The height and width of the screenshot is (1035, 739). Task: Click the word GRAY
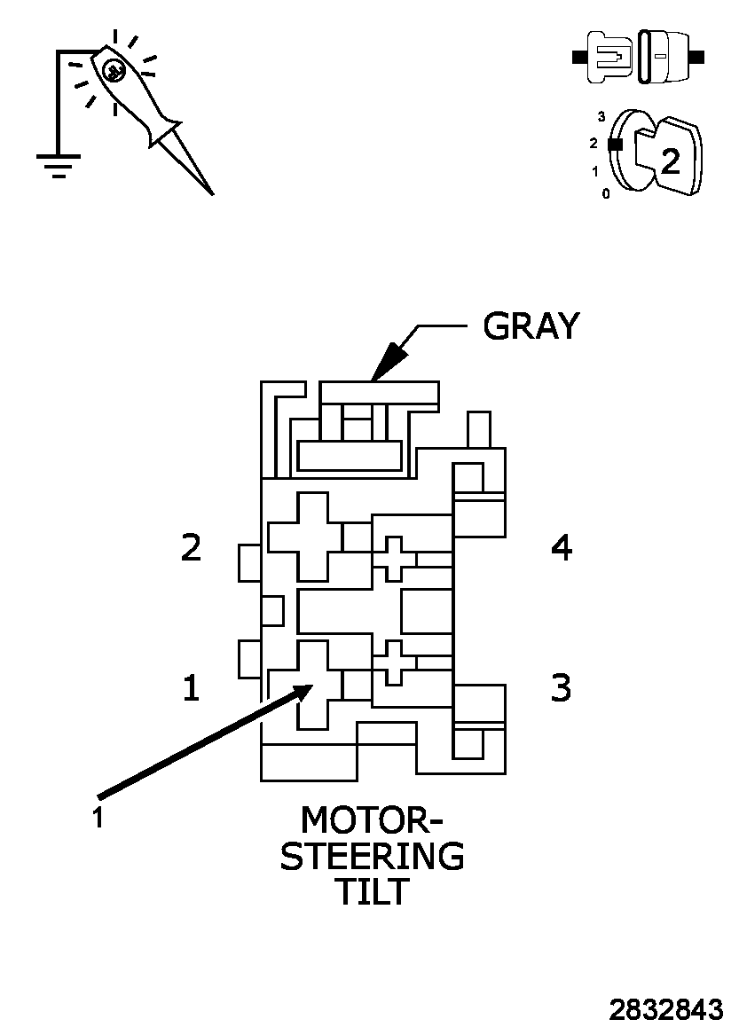[531, 326]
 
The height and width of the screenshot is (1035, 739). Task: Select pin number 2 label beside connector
[191, 547]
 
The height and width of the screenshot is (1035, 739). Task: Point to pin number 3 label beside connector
[561, 687]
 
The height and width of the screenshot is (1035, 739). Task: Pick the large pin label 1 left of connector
[191, 688]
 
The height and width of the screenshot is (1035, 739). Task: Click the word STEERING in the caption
[372, 857]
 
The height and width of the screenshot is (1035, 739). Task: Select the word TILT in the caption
[372, 892]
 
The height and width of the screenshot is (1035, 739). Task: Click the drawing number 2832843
[665, 1010]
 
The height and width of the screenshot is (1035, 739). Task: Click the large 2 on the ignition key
[671, 161]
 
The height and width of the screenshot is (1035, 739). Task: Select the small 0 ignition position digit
[606, 193]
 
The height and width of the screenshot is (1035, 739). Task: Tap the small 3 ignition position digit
[601, 116]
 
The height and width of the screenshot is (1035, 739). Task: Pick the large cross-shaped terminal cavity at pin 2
[305, 537]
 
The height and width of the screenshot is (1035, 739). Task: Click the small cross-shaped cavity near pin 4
[394, 559]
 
